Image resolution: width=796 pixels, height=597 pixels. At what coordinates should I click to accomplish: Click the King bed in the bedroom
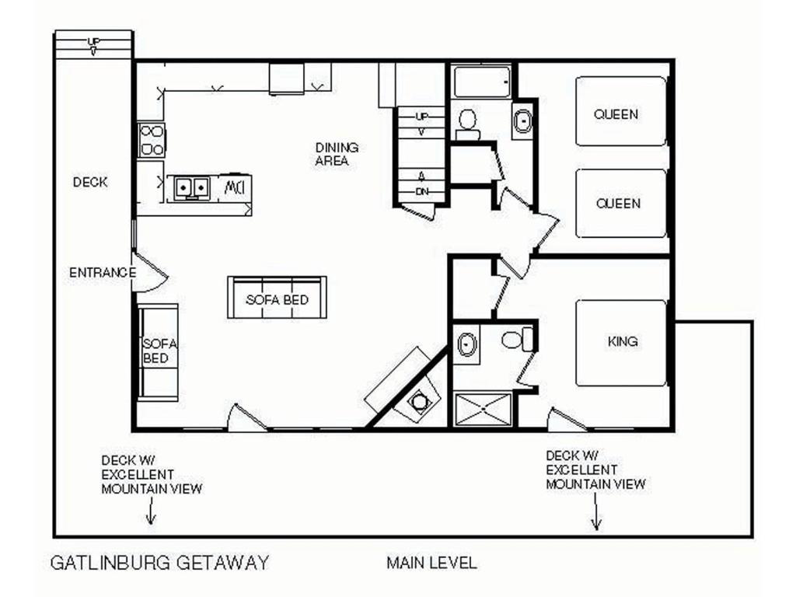coord(621,343)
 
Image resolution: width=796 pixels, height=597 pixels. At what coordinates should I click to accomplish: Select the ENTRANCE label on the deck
coord(103,273)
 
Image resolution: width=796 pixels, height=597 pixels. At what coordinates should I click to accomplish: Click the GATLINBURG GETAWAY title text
coord(159,563)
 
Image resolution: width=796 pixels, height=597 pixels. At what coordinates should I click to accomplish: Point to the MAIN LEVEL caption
coord(431,563)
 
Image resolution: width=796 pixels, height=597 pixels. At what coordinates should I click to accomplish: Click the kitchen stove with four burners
coord(152,140)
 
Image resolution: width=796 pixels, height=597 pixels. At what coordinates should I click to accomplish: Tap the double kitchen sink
coord(192,187)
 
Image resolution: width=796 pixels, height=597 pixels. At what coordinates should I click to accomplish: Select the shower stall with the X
coord(483,409)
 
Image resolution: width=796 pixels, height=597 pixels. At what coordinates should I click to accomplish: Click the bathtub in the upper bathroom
coord(482,81)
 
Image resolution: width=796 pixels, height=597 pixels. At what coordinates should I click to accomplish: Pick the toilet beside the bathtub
coord(467,124)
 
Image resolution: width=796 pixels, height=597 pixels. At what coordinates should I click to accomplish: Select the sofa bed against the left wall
coord(159,351)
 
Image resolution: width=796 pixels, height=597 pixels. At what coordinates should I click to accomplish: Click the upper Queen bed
coord(621,111)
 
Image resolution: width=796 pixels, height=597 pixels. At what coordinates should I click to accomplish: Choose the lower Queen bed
coord(621,203)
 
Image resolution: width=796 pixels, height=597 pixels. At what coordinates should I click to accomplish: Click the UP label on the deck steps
coord(93,41)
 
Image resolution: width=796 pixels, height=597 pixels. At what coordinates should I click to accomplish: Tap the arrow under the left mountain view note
coord(151,511)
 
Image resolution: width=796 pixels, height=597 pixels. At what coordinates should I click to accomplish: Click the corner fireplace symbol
coord(419,400)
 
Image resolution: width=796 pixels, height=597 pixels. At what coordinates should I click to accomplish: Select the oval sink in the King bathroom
coord(466,344)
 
